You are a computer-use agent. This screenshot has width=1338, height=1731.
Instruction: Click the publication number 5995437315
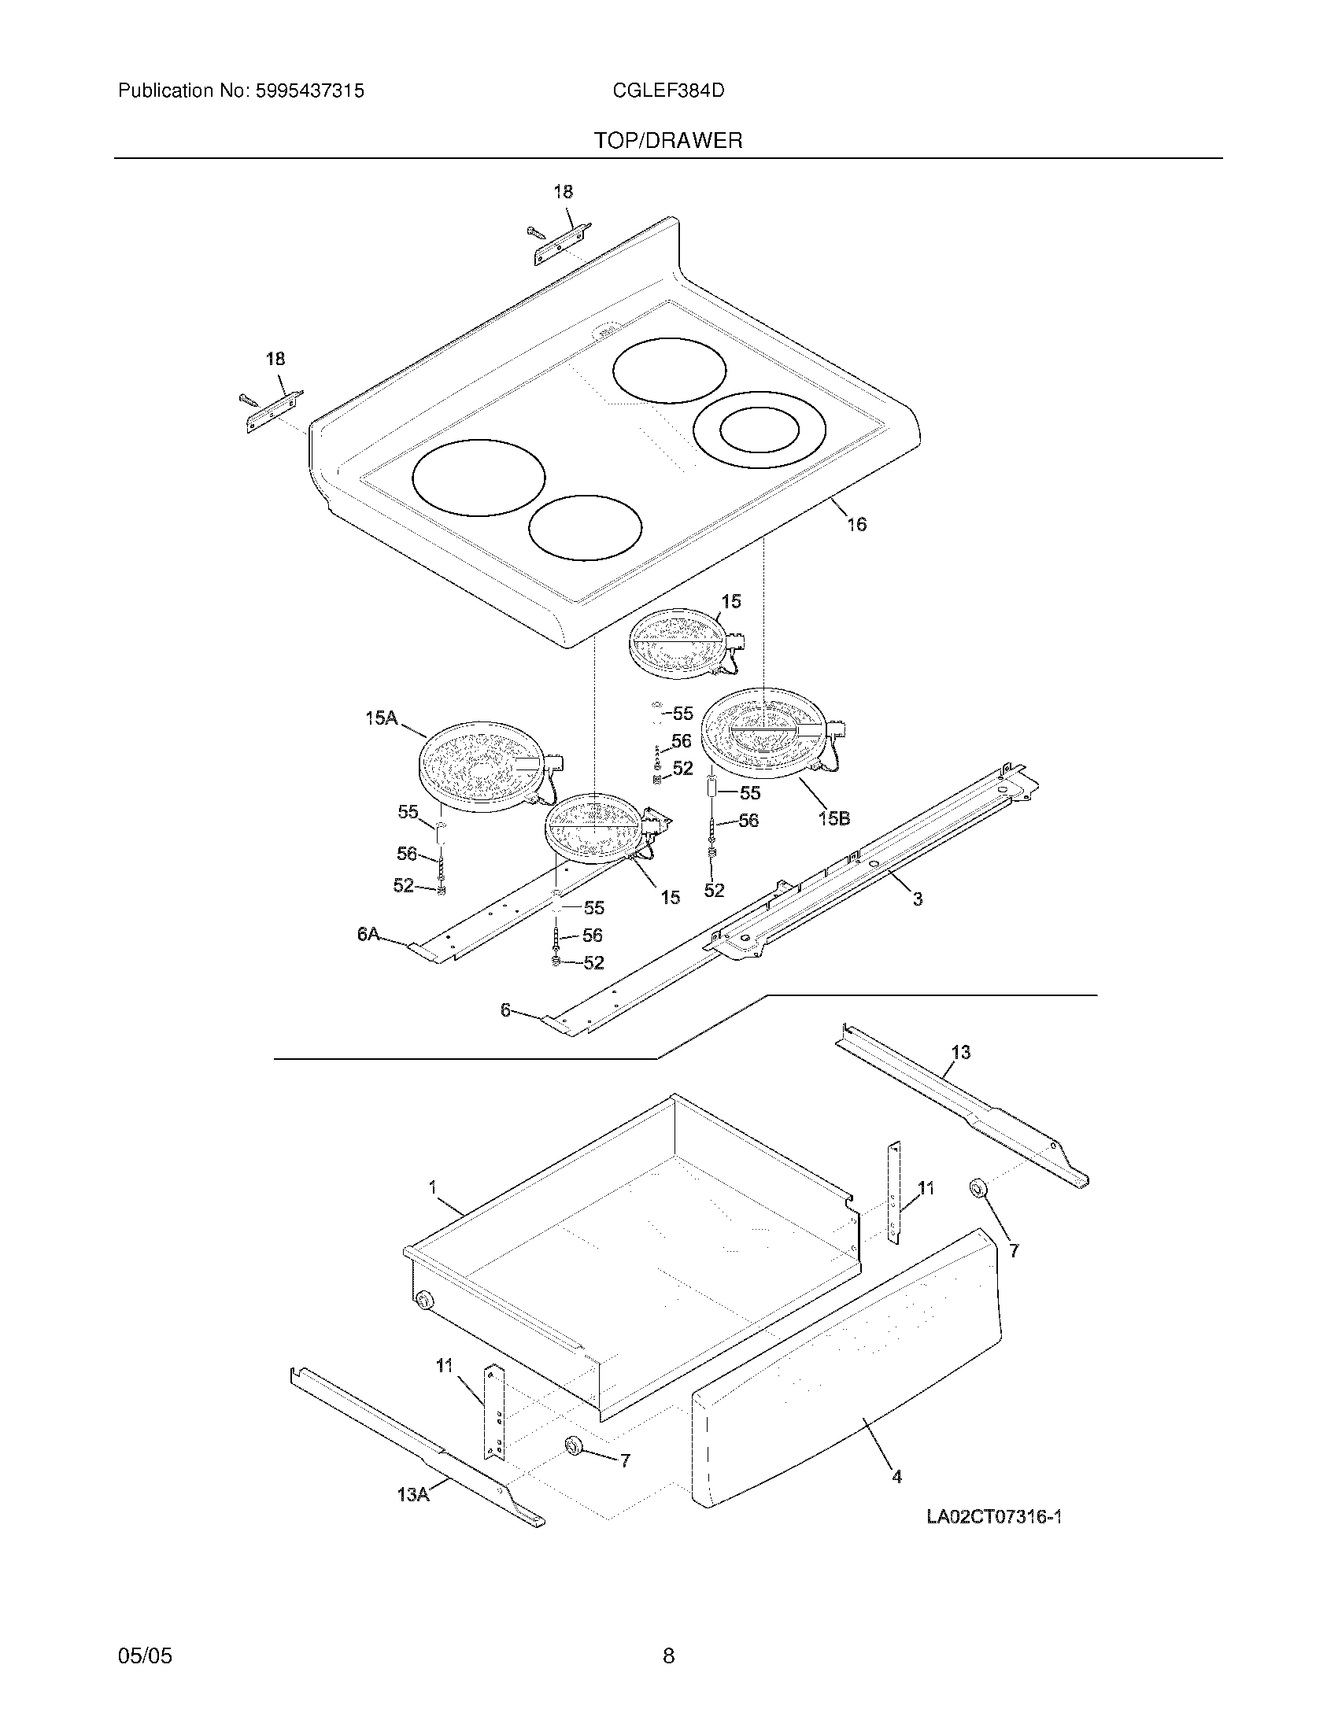pos(309,91)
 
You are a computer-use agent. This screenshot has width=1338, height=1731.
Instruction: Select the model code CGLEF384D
pos(668,91)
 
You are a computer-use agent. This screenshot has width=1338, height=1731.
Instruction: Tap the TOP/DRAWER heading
pos(668,141)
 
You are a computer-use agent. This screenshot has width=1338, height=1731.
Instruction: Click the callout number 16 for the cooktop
pos(856,524)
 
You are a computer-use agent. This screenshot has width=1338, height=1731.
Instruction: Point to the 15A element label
pos(380,718)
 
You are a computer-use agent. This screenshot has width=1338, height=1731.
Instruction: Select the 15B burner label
pos(833,818)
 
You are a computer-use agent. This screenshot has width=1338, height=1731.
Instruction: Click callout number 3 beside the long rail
pos(917,899)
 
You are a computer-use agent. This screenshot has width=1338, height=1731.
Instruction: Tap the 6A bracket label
pos(368,935)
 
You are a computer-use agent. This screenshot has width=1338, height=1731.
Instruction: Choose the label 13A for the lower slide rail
pos(413,1495)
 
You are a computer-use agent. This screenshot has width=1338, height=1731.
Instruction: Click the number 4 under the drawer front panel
pos(896,1477)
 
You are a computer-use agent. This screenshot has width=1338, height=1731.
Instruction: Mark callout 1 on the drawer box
pos(433,1187)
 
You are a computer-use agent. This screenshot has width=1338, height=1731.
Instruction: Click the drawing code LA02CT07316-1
pos(994,1517)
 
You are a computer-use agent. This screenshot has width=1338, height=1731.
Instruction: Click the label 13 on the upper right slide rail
pos(961,1052)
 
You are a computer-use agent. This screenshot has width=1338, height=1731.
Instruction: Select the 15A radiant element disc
pos(479,766)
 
